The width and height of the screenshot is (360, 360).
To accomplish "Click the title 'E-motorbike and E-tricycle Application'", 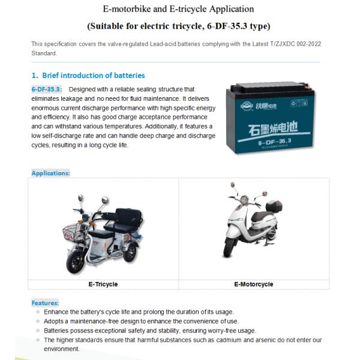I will (x=178, y=10).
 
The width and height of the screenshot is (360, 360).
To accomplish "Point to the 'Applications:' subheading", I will (x=50, y=173).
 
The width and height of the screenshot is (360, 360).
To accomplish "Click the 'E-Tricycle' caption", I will (x=103, y=284).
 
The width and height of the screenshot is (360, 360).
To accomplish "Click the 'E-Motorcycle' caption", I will (x=253, y=284).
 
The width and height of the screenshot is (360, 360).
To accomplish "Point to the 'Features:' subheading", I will (x=45, y=303).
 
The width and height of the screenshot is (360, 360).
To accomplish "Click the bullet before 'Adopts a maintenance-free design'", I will (x=38, y=322).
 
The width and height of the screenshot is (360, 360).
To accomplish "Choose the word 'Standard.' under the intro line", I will (x=44, y=53).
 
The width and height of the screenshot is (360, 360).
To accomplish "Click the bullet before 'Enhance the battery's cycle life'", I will (x=38, y=312).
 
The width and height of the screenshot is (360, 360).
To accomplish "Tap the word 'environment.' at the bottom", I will (x=62, y=349).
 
